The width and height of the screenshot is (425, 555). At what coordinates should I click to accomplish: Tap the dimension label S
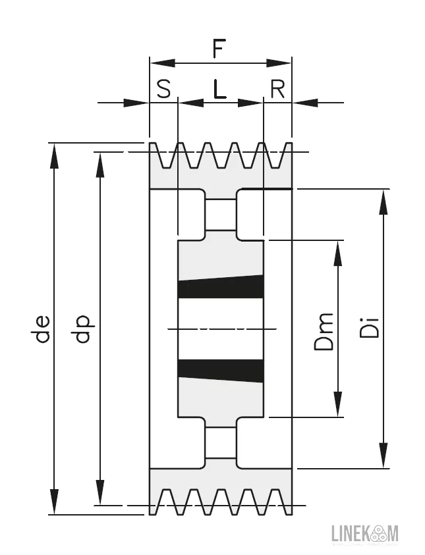pos(163,89)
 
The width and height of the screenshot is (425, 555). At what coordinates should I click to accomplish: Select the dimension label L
pos(219,89)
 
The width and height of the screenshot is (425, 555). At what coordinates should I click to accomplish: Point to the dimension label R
pos(277,89)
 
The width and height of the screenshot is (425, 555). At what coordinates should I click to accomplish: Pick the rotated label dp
pos(83,329)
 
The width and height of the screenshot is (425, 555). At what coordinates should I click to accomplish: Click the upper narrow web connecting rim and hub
pos(220,215)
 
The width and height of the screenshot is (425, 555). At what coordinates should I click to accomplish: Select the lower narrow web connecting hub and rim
pos(220,442)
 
